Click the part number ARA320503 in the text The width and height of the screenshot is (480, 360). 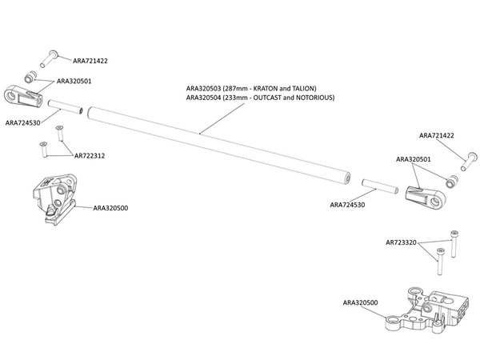click(x=203, y=87)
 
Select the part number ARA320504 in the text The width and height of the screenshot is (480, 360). click(x=203, y=97)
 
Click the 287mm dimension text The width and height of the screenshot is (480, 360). click(x=238, y=87)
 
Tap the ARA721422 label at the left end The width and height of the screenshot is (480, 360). click(x=90, y=60)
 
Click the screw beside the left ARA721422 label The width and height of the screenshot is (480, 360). click(x=50, y=56)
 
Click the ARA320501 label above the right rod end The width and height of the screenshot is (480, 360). click(x=414, y=159)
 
